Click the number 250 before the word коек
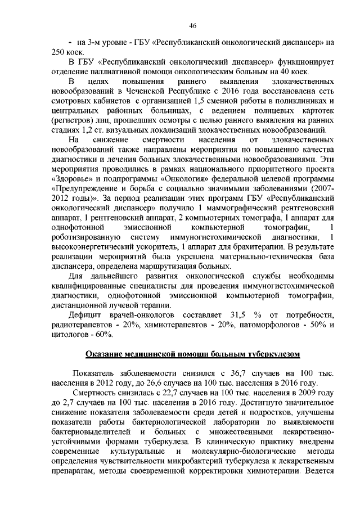pos(58,51)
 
